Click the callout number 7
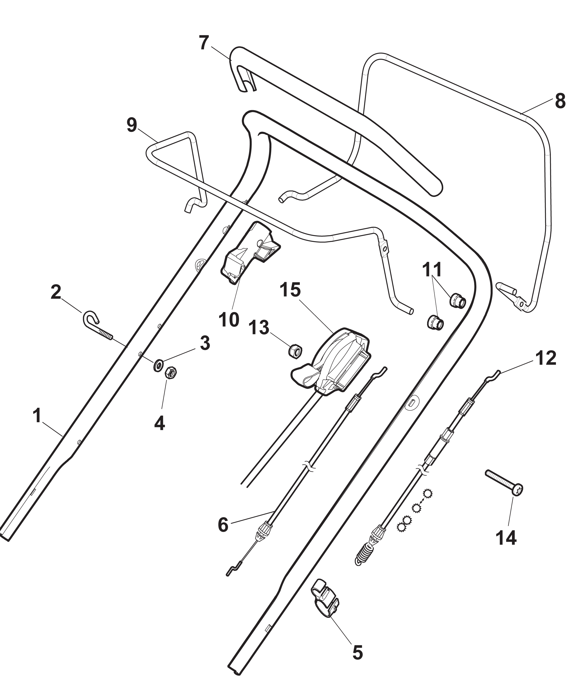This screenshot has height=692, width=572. click(204, 43)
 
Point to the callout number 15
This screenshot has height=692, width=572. click(290, 290)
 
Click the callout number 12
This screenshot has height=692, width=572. click(546, 358)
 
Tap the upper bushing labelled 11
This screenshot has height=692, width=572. click(458, 300)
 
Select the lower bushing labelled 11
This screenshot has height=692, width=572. click(435, 323)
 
